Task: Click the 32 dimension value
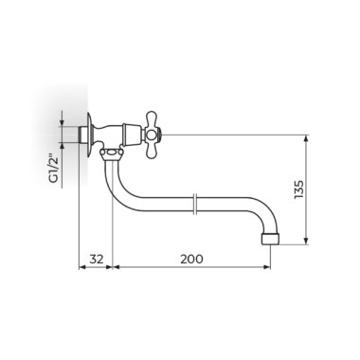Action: (x=97, y=260)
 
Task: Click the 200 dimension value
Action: (x=191, y=260)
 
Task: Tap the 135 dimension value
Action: (x=298, y=189)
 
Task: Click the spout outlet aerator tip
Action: (x=271, y=239)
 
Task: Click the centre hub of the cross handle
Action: (x=152, y=135)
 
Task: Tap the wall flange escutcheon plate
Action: (x=90, y=135)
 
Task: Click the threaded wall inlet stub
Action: (x=82, y=135)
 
